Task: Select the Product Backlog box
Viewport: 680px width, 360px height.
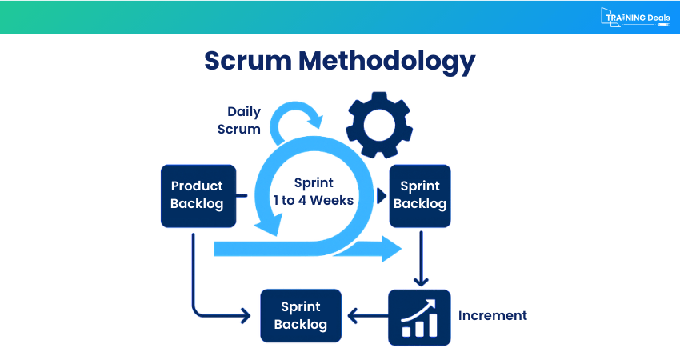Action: click(x=198, y=194)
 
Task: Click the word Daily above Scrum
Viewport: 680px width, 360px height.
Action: click(x=244, y=112)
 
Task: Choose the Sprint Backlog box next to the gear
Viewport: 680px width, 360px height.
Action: click(x=420, y=194)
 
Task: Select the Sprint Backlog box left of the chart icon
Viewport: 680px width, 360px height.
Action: click(x=301, y=315)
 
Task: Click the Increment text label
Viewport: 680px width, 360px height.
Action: click(x=492, y=315)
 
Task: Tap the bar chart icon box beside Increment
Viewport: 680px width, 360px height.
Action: click(x=420, y=317)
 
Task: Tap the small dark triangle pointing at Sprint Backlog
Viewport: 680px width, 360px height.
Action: click(x=381, y=194)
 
